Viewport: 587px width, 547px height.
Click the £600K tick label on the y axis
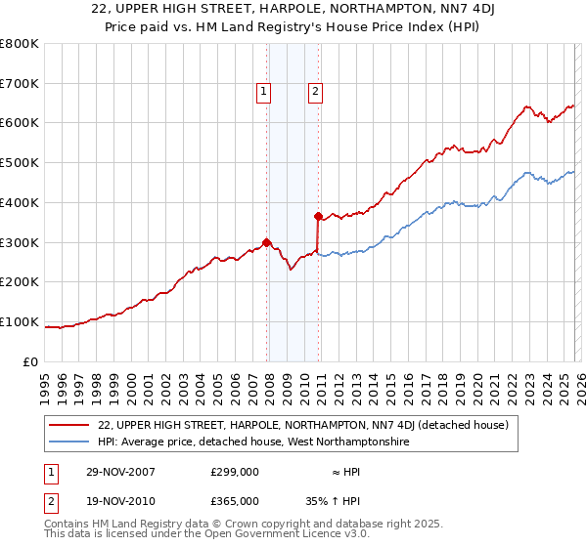[x=19, y=123]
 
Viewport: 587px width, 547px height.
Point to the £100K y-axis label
[x=19, y=321]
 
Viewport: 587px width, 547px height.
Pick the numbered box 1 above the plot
[x=264, y=93]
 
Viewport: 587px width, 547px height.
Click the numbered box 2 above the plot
[x=316, y=93]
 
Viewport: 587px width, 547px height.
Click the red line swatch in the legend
[x=69, y=426]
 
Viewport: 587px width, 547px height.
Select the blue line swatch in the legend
[x=69, y=442]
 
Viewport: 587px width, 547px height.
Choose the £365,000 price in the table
[x=235, y=500]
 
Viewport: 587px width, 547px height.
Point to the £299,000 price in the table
[x=235, y=472]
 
